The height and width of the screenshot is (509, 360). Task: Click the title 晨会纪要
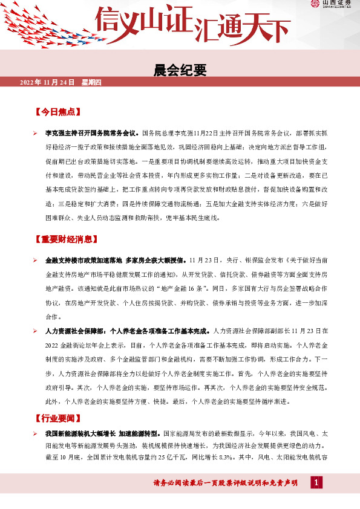pyautogui.click(x=180, y=71)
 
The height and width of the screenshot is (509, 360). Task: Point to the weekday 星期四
pyautogui.click(x=91, y=82)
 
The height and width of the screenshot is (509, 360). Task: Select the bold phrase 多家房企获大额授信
pyautogui.click(x=155, y=259)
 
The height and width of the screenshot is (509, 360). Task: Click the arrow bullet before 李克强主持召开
pyautogui.click(x=36, y=131)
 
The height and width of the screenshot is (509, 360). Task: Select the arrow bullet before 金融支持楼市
pyautogui.click(x=36, y=259)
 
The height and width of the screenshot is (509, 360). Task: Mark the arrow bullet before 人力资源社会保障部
pyautogui.click(x=36, y=331)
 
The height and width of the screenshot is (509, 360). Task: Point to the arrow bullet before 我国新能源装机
pyautogui.click(x=36, y=434)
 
